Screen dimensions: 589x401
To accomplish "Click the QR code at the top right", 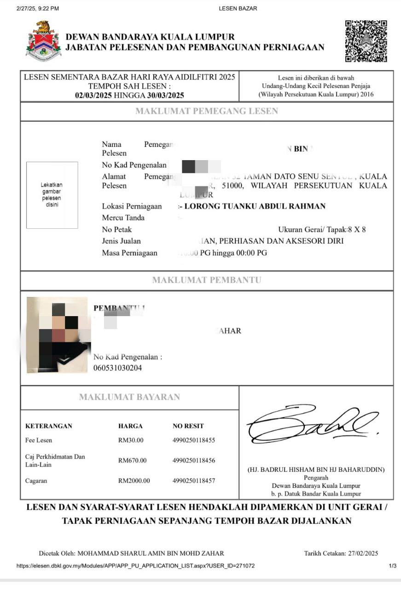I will (x=366, y=41).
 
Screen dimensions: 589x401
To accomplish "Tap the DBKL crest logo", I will (x=43, y=41).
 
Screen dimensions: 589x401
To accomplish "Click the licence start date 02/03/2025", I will (x=93, y=95).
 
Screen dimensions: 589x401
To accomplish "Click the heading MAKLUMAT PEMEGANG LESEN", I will (x=206, y=111).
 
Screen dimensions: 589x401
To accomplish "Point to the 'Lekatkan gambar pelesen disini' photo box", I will (x=52, y=195).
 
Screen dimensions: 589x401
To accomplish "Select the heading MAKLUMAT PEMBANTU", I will (x=206, y=280).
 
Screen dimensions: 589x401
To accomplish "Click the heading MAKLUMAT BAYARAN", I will (x=129, y=397).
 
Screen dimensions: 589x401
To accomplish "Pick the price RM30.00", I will (x=130, y=440).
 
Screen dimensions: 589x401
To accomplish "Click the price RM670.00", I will (x=132, y=460).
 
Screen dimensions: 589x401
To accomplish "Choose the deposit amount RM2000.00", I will (x=134, y=481).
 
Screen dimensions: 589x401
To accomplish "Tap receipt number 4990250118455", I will (x=193, y=440).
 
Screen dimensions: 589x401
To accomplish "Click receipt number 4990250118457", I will (x=193, y=481).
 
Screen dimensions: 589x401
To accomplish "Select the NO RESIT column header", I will (x=188, y=426).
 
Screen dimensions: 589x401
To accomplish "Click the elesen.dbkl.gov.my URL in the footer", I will (x=135, y=566).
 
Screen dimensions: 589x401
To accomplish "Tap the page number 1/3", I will (x=392, y=566).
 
